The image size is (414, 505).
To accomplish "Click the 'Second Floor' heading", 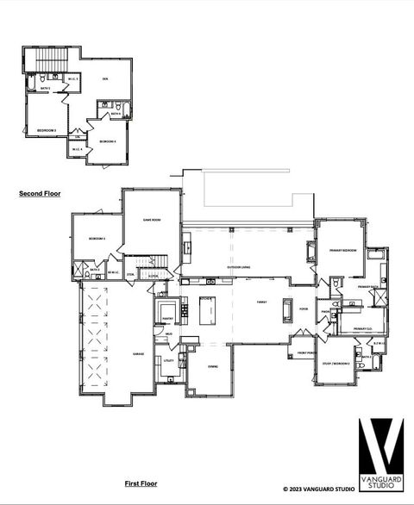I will [x=40, y=194].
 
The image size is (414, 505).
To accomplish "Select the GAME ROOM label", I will [x=152, y=221].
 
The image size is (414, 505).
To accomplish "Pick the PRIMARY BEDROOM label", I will [x=343, y=250].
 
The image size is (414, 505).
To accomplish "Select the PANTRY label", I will [x=168, y=318].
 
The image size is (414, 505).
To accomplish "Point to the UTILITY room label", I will [x=169, y=360].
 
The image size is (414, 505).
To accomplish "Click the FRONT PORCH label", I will [x=305, y=352].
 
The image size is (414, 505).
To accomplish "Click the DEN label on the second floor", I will [x=104, y=79].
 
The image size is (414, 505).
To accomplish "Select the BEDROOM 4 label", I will [x=108, y=141].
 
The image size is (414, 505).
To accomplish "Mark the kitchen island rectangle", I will [x=207, y=310].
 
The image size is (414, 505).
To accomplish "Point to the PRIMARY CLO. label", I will [x=362, y=328].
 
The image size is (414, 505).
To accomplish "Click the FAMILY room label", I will [x=261, y=302].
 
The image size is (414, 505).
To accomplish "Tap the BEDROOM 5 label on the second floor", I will [x=47, y=130].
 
